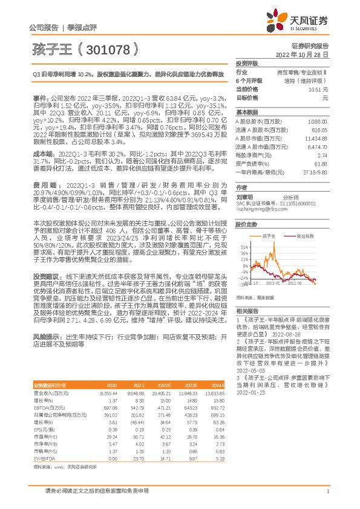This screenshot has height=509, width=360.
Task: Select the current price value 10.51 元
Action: [319, 89]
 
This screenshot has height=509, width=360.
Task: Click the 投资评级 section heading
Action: [247, 63]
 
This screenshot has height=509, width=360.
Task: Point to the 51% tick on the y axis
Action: [243, 230]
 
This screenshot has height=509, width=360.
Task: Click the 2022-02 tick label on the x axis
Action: [273, 282]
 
